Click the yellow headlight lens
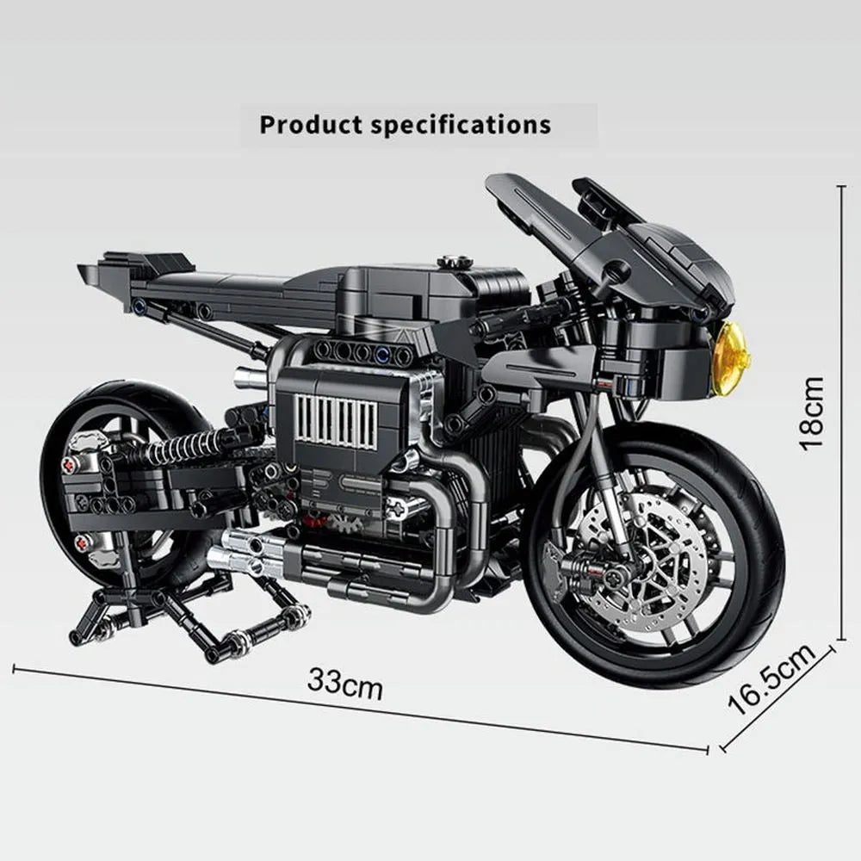730,358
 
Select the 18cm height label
811,412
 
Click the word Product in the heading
311,124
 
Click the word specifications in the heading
461,124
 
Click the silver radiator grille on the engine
336,422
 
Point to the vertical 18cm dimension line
842,412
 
